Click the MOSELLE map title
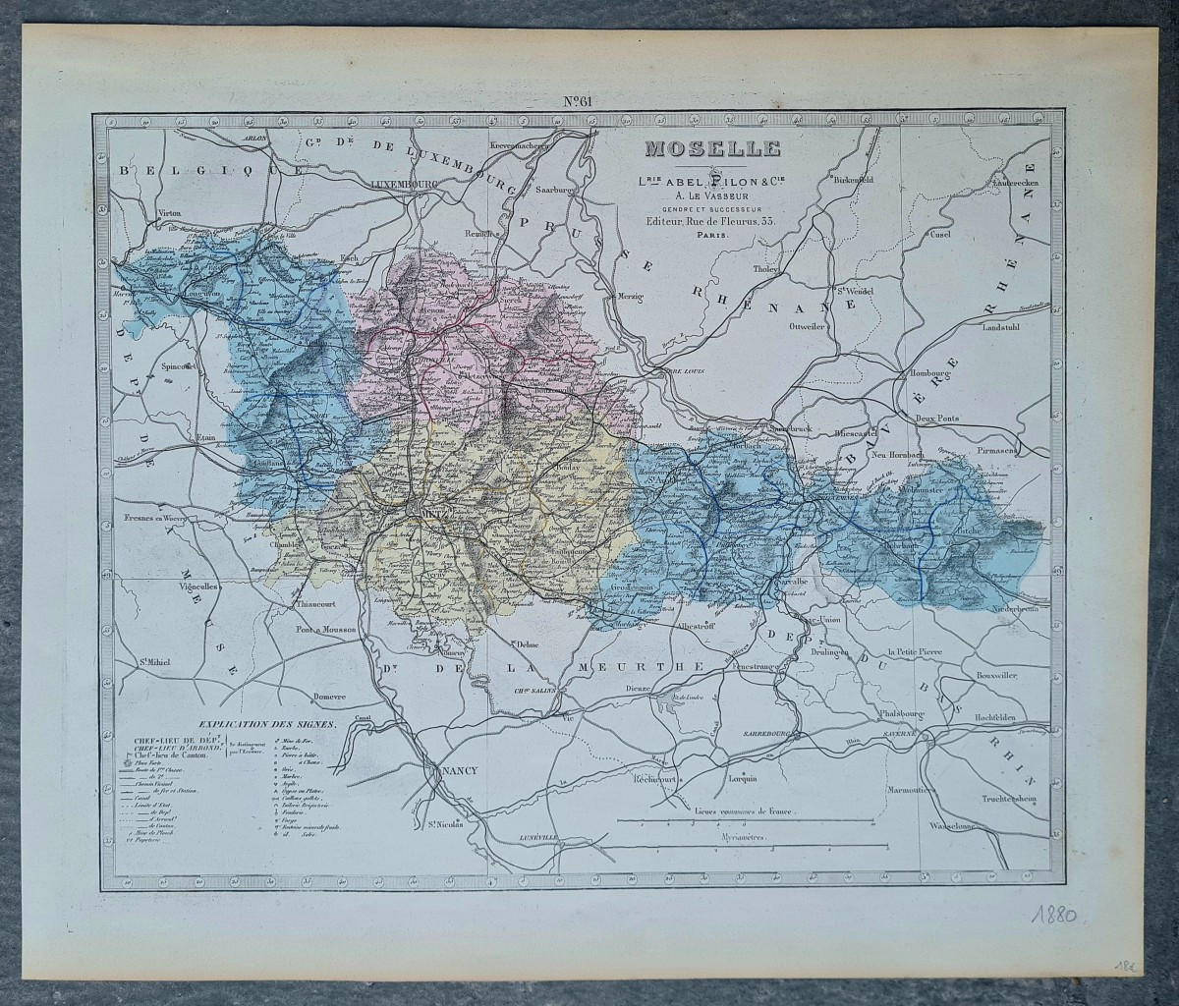712,150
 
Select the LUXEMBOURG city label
404,184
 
